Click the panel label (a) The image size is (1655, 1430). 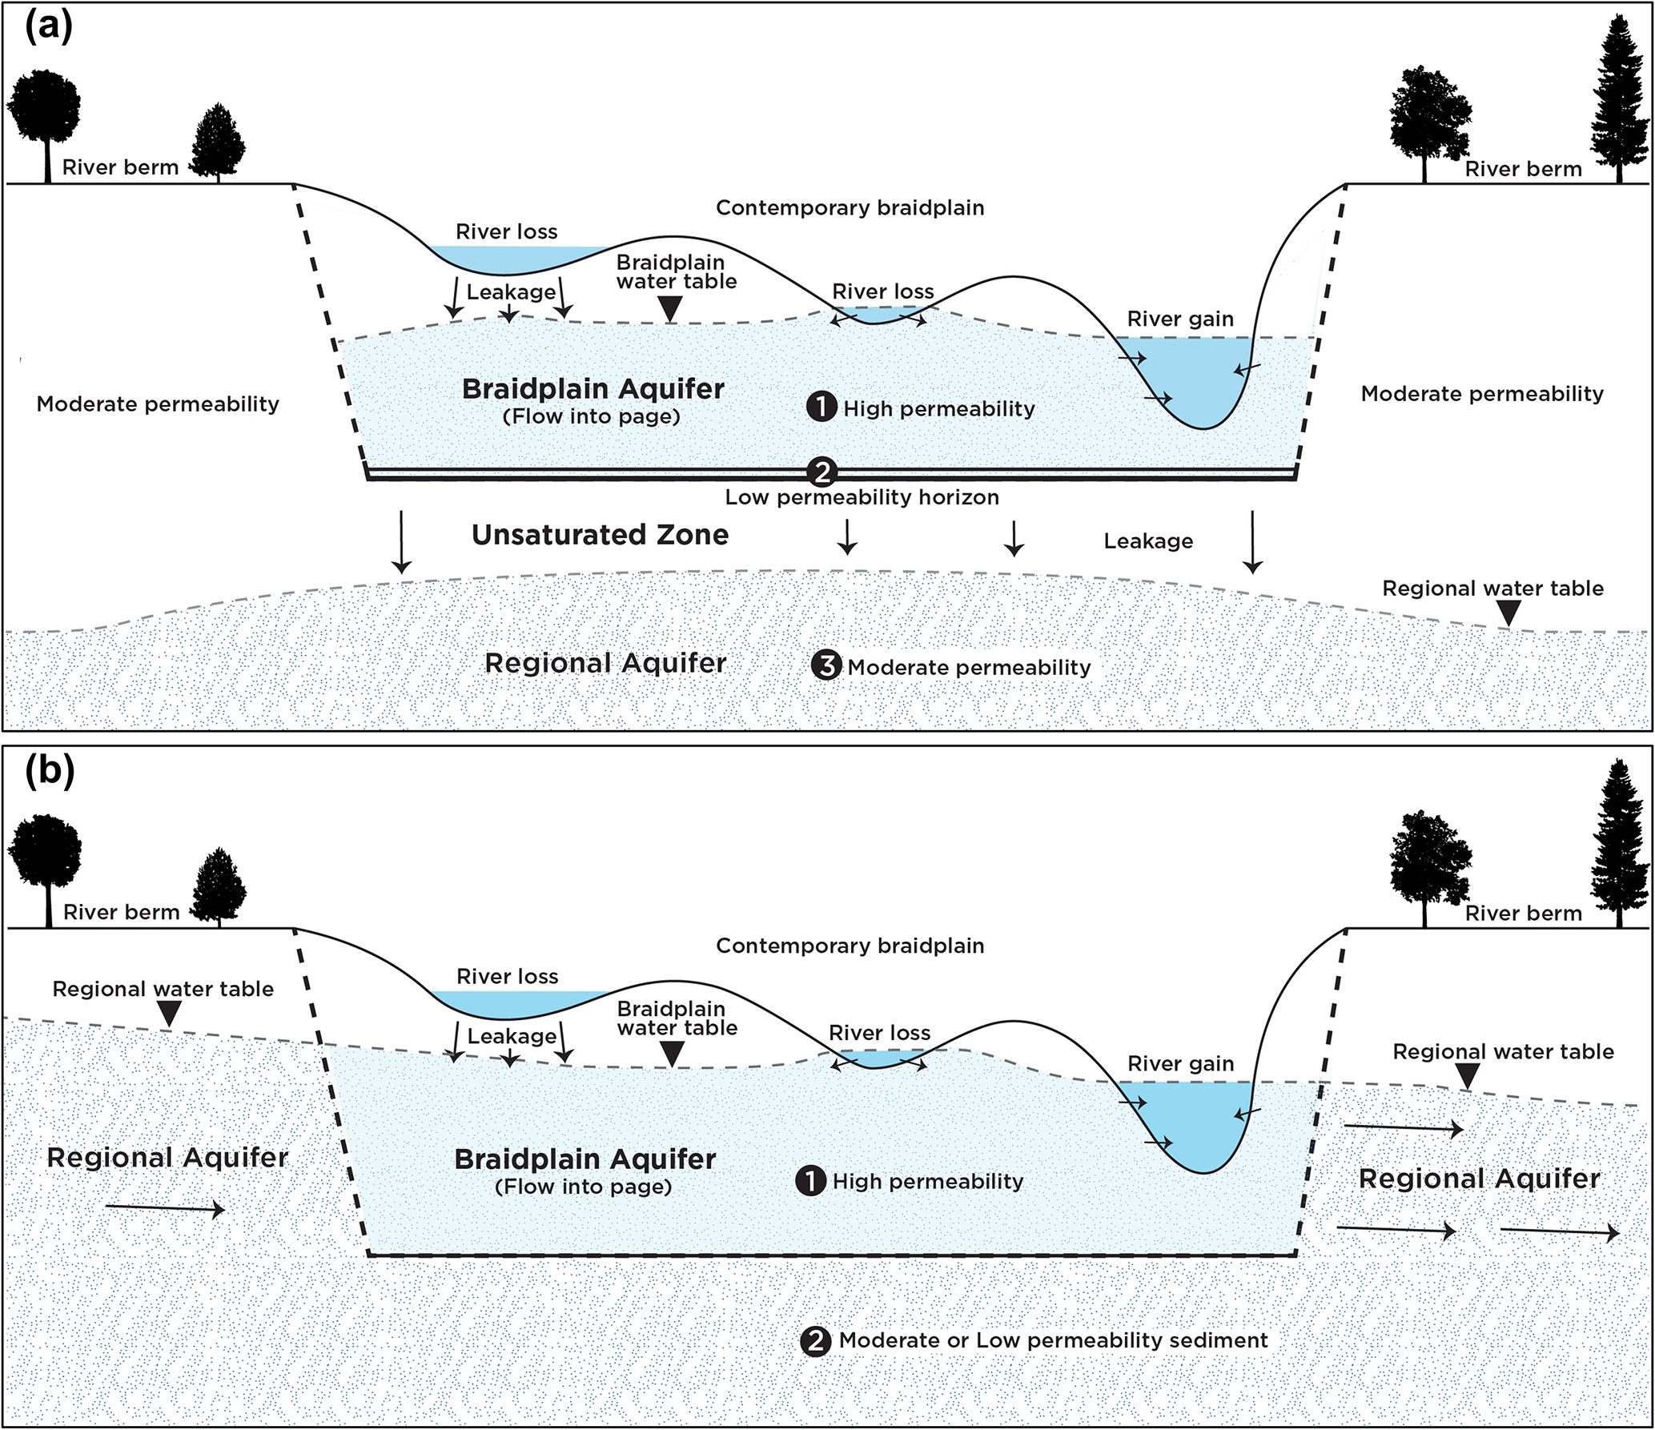[x=49, y=26]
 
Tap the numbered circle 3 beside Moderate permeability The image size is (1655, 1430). [x=826, y=665]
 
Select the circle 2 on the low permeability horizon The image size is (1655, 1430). [x=822, y=472]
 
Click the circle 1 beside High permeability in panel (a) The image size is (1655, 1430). [x=821, y=407]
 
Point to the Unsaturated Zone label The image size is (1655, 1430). [x=600, y=535]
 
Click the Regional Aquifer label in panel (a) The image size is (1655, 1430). [x=605, y=663]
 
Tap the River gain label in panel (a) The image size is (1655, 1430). [x=1180, y=319]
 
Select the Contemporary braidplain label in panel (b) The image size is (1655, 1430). [x=850, y=946]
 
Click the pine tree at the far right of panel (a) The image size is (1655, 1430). [x=1619, y=100]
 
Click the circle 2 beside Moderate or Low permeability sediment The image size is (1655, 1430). [x=816, y=1340]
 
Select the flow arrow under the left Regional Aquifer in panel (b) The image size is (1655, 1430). [x=165, y=1209]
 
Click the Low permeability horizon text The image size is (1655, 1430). [x=862, y=497]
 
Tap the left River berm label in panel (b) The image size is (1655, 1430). [x=121, y=912]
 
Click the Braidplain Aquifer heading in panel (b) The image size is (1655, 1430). [x=584, y=1159]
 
